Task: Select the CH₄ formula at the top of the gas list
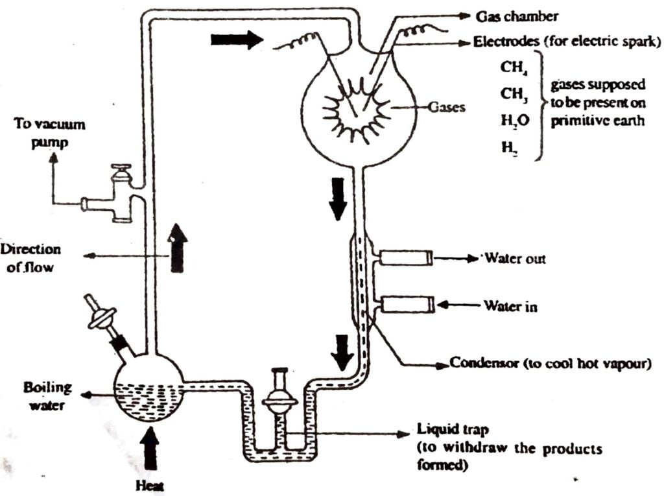point(510,67)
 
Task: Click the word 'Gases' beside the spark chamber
point(446,107)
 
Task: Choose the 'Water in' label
point(510,305)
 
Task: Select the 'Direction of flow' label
point(31,258)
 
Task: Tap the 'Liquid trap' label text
point(445,431)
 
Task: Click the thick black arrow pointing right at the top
point(237,40)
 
